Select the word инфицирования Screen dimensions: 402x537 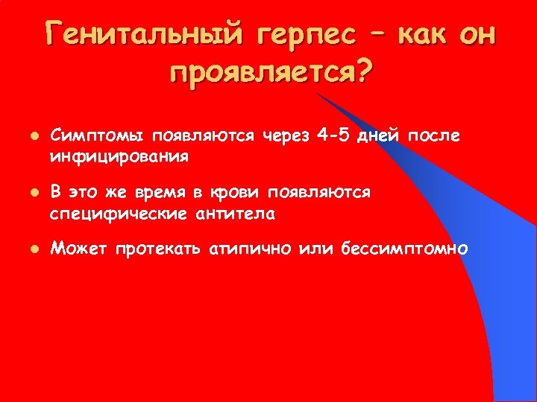(119, 157)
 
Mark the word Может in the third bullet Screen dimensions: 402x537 (78, 248)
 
